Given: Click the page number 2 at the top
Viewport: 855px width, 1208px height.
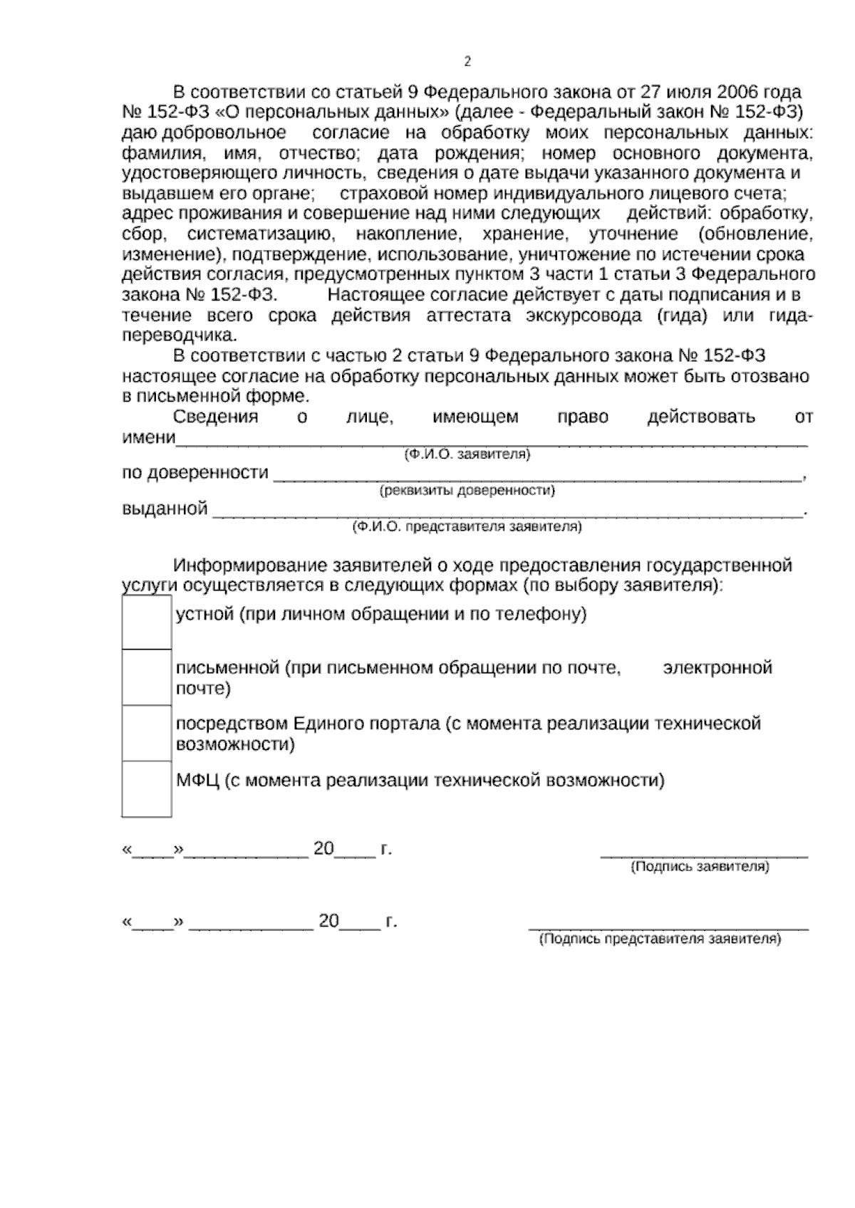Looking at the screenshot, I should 467,62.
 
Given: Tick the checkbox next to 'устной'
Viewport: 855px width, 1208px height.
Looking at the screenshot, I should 146,622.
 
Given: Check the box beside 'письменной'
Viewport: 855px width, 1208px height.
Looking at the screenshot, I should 146,677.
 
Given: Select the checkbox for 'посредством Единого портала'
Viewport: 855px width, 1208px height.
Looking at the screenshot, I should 146,733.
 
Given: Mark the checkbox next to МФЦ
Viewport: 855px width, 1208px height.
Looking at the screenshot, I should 146,788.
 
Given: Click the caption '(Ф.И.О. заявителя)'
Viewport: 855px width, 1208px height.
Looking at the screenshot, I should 467,454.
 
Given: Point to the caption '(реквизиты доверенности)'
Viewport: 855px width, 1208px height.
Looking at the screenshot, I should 467,491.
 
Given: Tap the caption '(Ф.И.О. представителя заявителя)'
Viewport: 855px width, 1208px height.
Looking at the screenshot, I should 467,527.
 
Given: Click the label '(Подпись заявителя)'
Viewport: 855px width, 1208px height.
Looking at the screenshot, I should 700,867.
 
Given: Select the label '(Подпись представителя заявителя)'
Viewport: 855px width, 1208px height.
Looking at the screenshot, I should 660,939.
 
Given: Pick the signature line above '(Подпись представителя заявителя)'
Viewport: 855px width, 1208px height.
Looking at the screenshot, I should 668,927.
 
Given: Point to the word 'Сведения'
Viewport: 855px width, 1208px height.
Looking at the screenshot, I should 215,417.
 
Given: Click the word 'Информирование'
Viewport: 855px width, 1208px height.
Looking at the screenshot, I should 252,566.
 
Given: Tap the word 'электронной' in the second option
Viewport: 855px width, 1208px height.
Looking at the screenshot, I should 717,668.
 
